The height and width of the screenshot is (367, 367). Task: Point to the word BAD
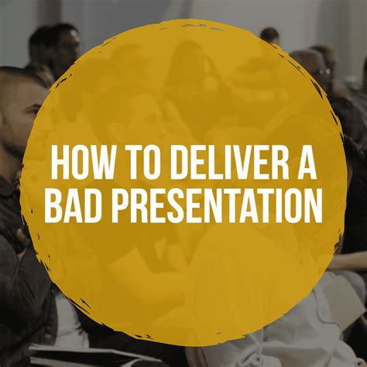pyautogui.click(x=73, y=207)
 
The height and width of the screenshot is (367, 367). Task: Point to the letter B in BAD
pyautogui.click(x=54, y=207)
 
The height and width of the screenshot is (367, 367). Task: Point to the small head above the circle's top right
pyautogui.click(x=269, y=35)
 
